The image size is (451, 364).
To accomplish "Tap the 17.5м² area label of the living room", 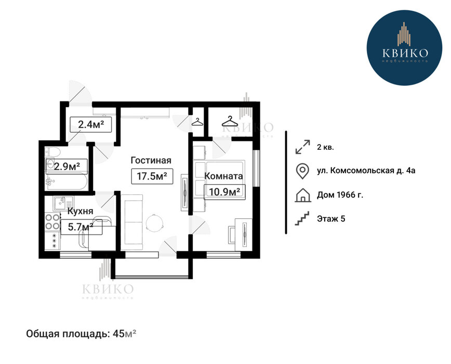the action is [x=152, y=176].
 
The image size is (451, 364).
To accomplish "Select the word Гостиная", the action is [x=151, y=160].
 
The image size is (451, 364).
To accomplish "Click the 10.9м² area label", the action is [x=225, y=192].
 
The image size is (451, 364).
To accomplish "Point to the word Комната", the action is [x=223, y=176].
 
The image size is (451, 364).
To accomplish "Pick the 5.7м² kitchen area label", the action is [x=81, y=227].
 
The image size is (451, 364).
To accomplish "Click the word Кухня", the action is [x=80, y=211].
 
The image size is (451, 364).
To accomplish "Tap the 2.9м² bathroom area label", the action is [x=67, y=166].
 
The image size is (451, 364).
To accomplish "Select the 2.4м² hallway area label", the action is [x=90, y=125].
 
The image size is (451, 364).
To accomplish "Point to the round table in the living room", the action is [x=155, y=223].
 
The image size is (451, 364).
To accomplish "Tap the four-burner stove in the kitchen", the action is [x=52, y=222].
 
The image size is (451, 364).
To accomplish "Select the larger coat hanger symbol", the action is [x=230, y=122].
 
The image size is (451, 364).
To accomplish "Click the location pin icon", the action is [x=302, y=171].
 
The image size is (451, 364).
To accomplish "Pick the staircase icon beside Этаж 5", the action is [x=302, y=218].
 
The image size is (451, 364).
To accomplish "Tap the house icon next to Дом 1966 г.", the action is [x=303, y=195].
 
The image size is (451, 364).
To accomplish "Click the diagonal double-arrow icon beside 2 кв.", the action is [x=303, y=147].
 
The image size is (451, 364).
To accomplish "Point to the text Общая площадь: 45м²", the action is [x=81, y=334].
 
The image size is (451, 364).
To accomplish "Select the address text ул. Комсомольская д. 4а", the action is [x=366, y=171].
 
